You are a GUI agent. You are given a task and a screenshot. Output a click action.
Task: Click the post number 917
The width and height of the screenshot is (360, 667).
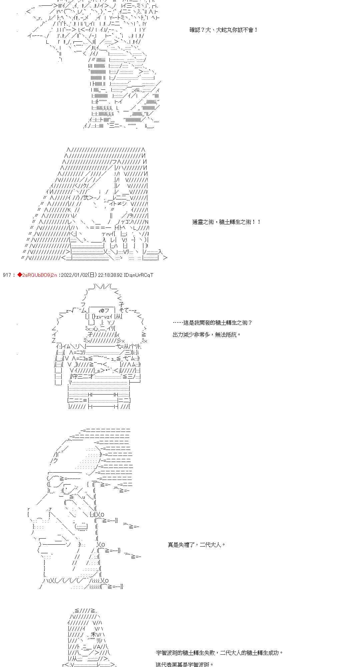[7, 275]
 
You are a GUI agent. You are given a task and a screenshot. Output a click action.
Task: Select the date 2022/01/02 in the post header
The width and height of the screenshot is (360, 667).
[75, 275]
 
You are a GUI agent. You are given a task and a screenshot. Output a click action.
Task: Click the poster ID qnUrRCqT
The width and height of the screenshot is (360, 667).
[142, 275]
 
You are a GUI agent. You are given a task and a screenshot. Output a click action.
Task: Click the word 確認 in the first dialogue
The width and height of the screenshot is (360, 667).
[195, 30]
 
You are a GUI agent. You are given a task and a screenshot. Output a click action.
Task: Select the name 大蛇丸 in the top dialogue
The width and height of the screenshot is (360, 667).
[224, 30]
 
